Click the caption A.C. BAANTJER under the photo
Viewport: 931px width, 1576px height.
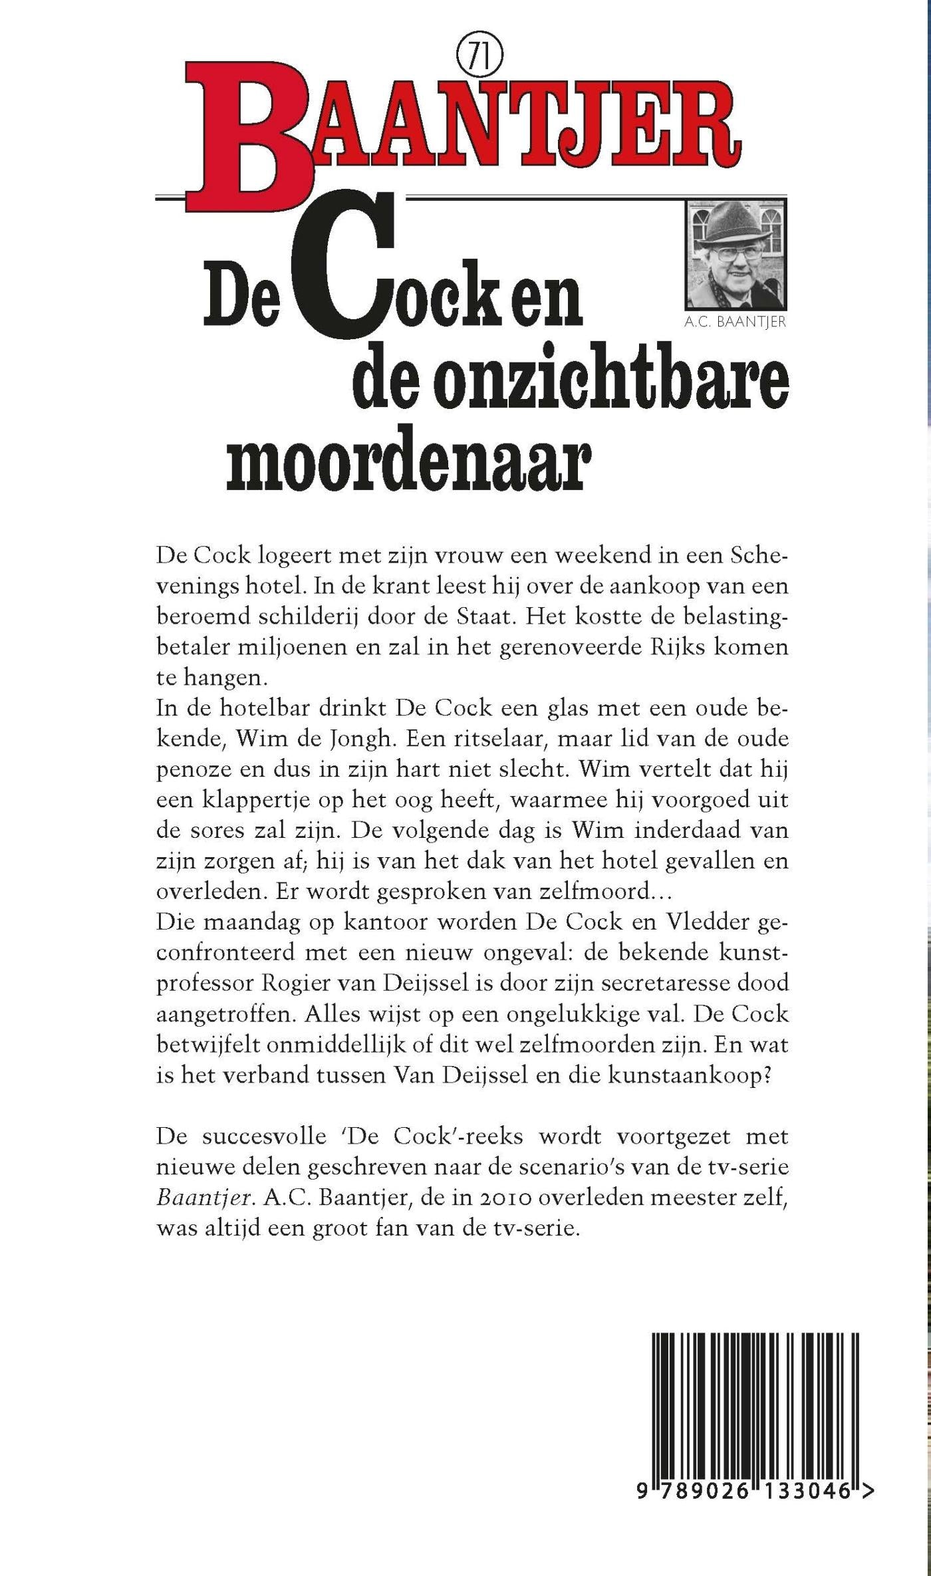[x=734, y=323]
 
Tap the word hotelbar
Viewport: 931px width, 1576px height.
[x=253, y=708]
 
